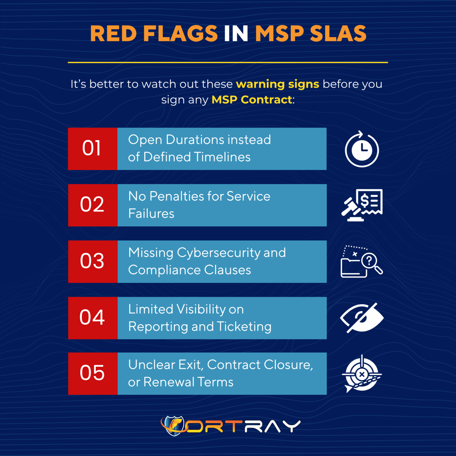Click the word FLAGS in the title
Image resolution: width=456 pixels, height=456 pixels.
tap(180, 33)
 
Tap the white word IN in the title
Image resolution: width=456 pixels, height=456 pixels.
tap(236, 33)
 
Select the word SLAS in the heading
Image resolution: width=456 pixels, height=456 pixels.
tap(338, 33)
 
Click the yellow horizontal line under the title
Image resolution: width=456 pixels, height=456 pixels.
tap(228, 62)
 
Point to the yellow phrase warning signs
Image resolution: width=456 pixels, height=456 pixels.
tap(278, 84)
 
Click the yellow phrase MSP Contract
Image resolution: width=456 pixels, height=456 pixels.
tap(252, 100)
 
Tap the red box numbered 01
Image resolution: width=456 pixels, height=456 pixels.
tap(93, 149)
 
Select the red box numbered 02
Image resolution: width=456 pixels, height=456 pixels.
tap(93, 205)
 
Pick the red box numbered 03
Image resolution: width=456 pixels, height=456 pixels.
tap(93, 262)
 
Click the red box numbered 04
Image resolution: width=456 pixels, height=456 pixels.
tap(93, 318)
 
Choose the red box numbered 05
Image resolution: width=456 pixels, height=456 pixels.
tap(93, 373)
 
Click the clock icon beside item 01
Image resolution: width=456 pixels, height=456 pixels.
tap(362, 149)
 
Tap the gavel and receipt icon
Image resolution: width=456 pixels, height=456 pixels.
tap(362, 205)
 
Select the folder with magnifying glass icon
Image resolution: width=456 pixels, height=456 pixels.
tap(362, 262)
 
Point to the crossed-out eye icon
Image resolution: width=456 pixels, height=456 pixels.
tap(362, 318)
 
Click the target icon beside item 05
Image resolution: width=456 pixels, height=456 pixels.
tap(362, 374)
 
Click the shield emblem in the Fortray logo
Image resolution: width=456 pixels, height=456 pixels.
tap(174, 426)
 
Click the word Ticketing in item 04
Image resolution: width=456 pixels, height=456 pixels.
tap(244, 327)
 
